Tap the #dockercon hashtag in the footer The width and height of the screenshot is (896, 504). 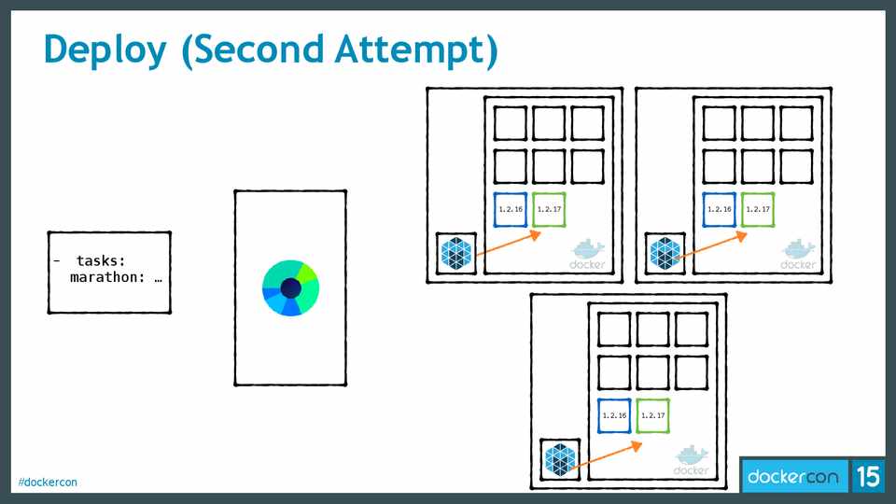(48, 482)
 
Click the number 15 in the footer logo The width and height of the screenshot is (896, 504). (867, 477)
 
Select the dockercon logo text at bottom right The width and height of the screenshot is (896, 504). (792, 477)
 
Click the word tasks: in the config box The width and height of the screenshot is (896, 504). (101, 261)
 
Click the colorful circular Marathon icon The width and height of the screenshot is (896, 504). (290, 287)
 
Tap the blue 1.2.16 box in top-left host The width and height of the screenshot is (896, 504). (511, 209)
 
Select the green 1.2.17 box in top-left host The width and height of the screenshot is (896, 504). (549, 209)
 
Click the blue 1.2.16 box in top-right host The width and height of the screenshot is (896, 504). (720, 209)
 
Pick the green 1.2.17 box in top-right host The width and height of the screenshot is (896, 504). (758, 209)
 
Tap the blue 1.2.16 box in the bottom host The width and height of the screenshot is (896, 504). (614, 415)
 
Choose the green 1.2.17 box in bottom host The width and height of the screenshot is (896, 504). (652, 415)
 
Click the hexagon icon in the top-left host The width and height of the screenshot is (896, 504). (457, 253)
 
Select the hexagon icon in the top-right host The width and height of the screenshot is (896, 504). (666, 253)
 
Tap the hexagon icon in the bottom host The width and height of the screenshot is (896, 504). (561, 460)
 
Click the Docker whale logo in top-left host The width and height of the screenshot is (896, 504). (588, 253)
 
